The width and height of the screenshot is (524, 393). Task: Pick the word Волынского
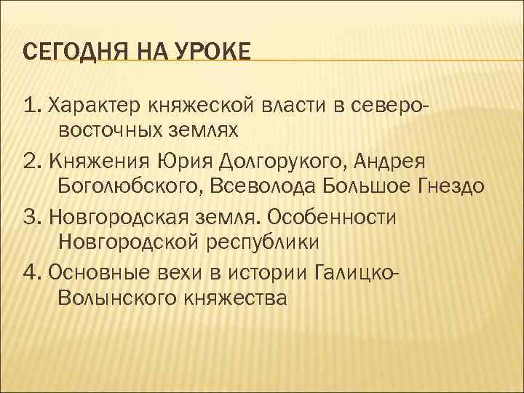(122, 297)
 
